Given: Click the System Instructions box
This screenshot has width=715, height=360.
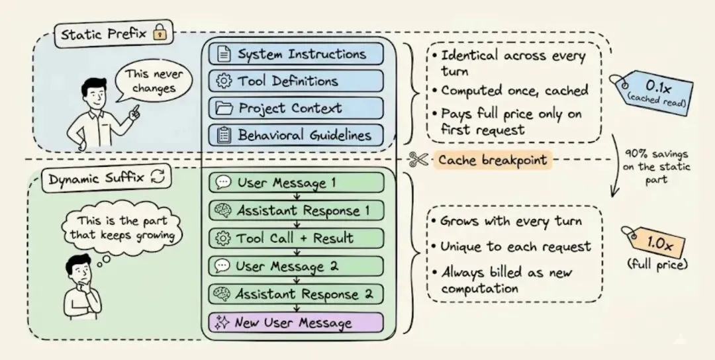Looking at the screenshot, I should [x=296, y=54].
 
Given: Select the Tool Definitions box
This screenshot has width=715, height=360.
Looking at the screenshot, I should [x=296, y=81].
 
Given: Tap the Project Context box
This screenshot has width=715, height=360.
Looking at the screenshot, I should [x=296, y=108].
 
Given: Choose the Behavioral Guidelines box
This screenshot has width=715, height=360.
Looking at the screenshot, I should [x=296, y=135].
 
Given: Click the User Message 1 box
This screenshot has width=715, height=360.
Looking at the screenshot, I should [x=296, y=183].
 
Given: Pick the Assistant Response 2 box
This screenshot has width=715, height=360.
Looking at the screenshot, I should [x=296, y=293].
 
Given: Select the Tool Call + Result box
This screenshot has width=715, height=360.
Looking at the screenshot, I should [x=296, y=238].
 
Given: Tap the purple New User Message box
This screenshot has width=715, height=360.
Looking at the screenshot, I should [x=296, y=323].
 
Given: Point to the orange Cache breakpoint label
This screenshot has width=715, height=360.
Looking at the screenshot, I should [x=493, y=160].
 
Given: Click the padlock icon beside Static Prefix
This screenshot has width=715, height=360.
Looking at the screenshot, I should [x=159, y=31].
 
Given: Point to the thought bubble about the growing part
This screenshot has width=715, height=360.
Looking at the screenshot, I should [x=122, y=228].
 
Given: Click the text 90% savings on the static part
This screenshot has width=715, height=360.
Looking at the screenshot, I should [x=655, y=167].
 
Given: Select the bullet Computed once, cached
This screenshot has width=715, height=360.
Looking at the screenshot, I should [x=514, y=91].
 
